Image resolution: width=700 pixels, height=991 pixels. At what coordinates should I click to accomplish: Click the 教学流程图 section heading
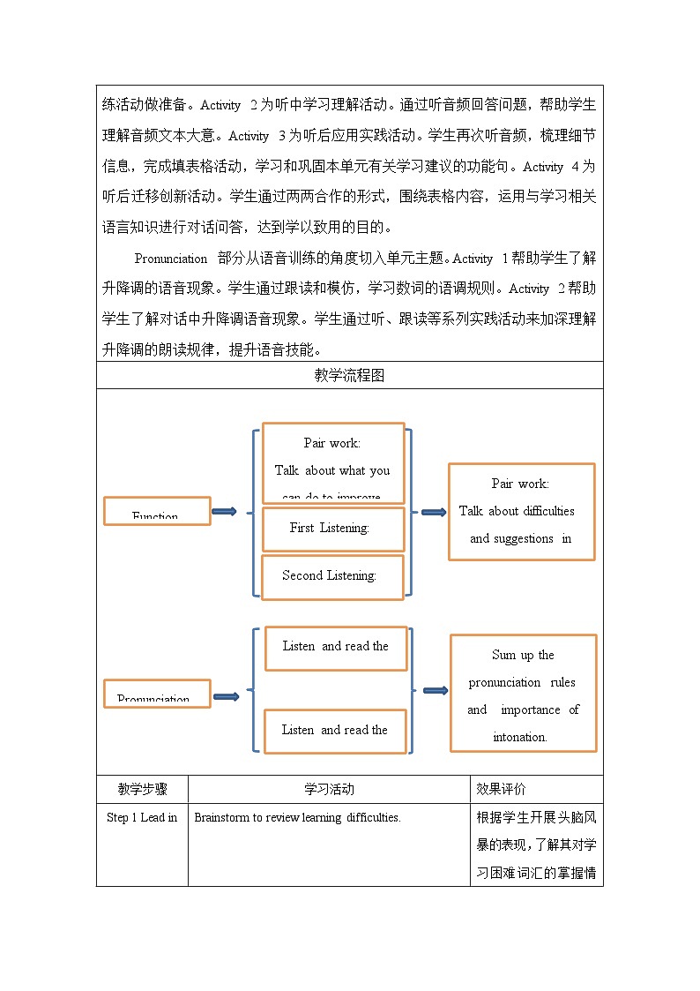[349, 375]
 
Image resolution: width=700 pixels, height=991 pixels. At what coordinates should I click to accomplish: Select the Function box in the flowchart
[157, 511]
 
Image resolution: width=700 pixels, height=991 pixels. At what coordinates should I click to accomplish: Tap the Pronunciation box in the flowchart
[157, 694]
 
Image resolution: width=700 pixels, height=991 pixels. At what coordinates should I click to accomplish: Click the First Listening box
[333, 529]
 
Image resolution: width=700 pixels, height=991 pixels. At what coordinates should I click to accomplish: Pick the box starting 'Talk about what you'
[333, 463]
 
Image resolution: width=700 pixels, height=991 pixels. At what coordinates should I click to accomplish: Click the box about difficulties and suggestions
[521, 512]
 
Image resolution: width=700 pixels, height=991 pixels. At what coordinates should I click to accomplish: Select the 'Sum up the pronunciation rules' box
[523, 694]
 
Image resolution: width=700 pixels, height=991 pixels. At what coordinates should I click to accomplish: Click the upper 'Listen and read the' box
[336, 648]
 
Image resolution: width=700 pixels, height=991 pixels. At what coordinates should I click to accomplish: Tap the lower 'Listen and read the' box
[335, 731]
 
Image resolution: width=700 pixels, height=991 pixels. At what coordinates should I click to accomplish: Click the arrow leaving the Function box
[225, 511]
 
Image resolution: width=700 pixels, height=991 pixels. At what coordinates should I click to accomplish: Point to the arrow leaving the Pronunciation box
[226, 696]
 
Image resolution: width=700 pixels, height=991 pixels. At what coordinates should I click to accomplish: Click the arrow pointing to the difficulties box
[433, 512]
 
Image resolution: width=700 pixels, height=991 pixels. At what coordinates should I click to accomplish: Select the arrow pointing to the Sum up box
[435, 690]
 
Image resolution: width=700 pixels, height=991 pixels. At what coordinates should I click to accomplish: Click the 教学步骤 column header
[142, 789]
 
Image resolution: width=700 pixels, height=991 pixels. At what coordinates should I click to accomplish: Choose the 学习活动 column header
[329, 789]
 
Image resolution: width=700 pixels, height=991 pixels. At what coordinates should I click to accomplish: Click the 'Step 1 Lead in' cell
[142, 818]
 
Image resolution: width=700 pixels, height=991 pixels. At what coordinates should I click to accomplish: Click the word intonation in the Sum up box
[520, 737]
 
